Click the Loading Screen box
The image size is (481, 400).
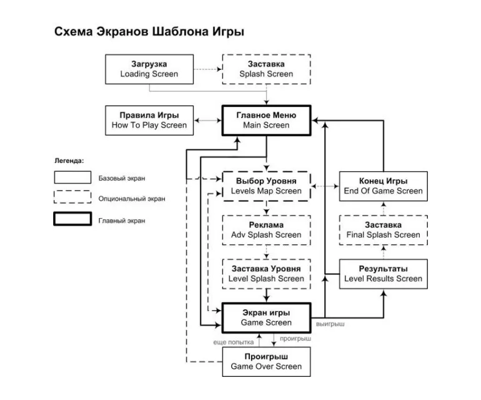[149, 69]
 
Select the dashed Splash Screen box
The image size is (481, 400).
[267, 69]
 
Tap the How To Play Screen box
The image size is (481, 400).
[149, 120]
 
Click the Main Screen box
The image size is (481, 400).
[266, 120]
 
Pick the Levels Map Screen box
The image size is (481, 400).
[266, 186]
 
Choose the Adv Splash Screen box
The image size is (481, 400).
[266, 230]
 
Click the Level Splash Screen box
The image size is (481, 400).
[266, 274]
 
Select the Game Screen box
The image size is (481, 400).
[266, 317]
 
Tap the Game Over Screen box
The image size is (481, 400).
[266, 361]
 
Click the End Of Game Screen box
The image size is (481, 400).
[384, 186]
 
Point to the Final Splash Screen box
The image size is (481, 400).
[384, 230]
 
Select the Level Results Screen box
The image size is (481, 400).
[384, 274]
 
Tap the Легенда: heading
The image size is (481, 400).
[69, 161]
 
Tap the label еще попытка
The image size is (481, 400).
[235, 342]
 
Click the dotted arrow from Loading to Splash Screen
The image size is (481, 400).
[207, 69]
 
